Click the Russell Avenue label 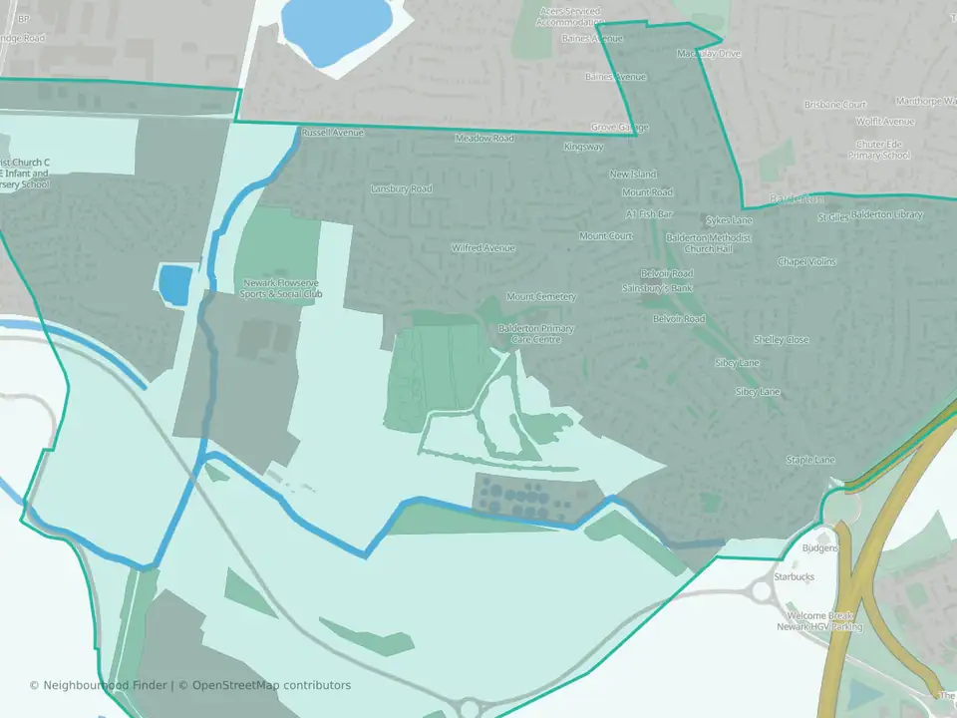[x=333, y=133]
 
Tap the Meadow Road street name [x=484, y=139]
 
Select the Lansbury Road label [x=401, y=188]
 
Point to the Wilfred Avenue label [x=482, y=248]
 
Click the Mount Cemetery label [x=541, y=297]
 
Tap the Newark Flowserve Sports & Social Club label [x=283, y=289]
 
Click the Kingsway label [x=583, y=147]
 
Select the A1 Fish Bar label [x=650, y=214]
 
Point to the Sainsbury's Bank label [x=667, y=288]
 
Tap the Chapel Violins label [x=807, y=262]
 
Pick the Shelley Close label [x=782, y=340]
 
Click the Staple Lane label [x=810, y=460]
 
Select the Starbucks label [x=795, y=577]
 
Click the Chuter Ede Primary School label [x=879, y=150]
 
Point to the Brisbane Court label [x=835, y=105]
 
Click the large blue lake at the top [x=335, y=25]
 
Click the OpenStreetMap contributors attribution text [x=271, y=685]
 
